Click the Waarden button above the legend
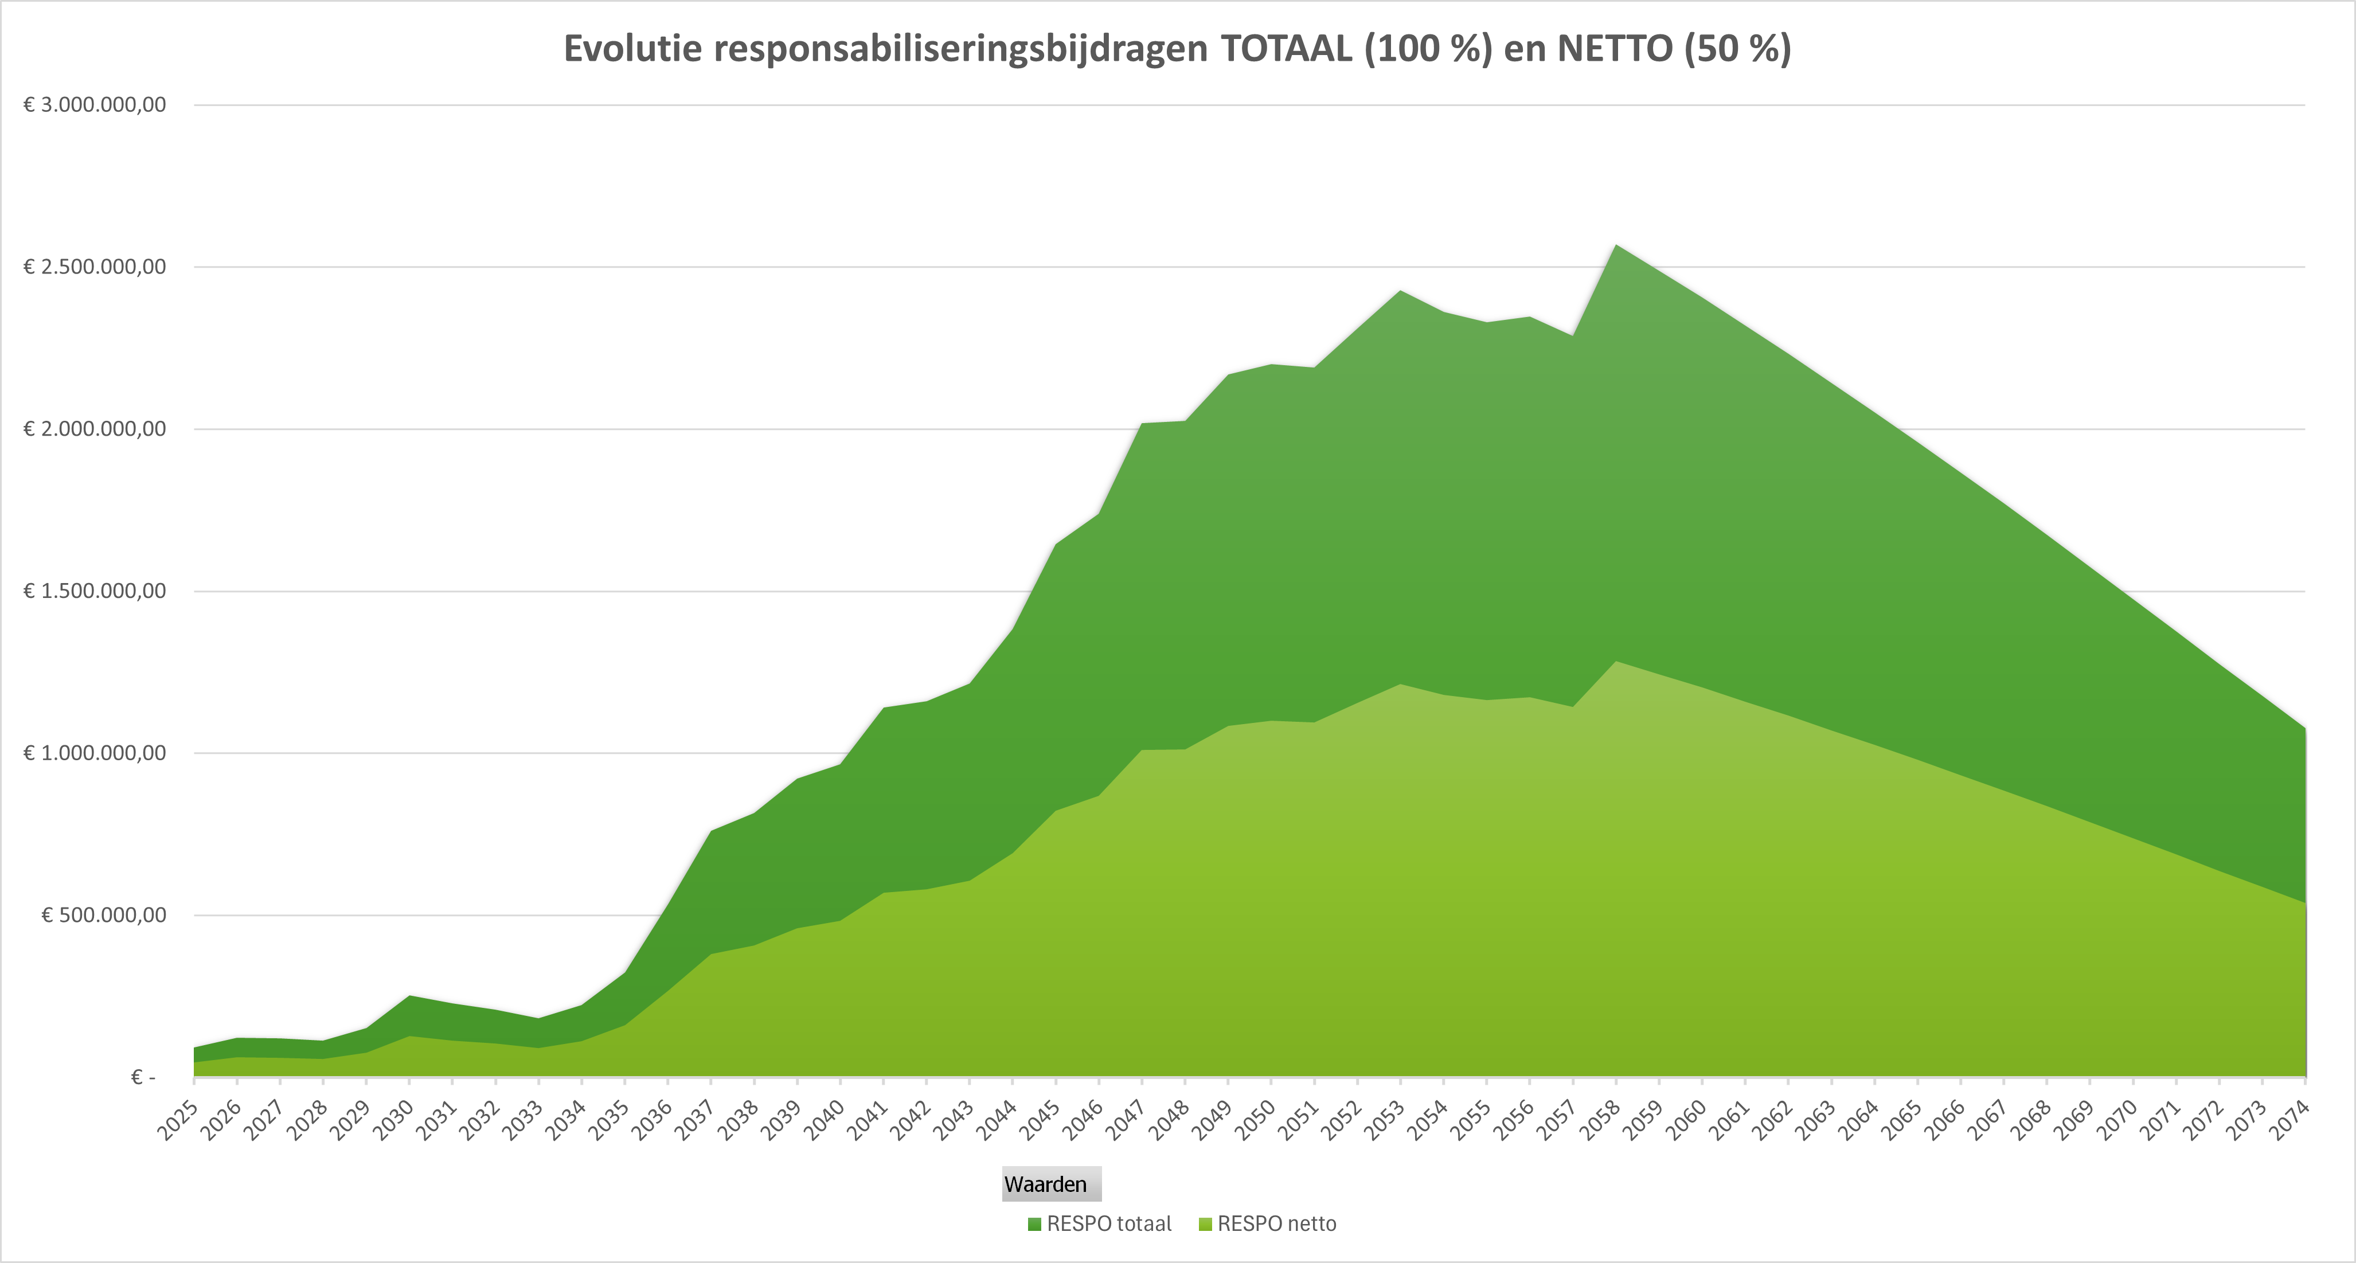coord(1051,1184)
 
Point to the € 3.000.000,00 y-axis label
coord(95,105)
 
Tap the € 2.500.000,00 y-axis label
coord(95,267)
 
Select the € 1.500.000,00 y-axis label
coord(95,591)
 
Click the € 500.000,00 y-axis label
coord(104,916)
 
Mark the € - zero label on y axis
coord(143,1077)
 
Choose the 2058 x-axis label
coord(1600,1121)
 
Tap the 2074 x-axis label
coord(2289,1121)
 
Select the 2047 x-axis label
coord(1126,1121)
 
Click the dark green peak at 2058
coord(1616,249)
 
